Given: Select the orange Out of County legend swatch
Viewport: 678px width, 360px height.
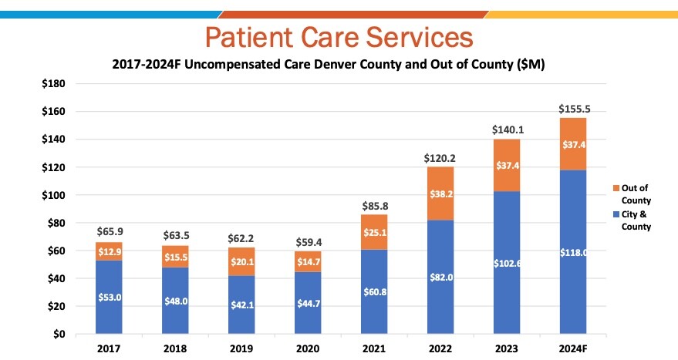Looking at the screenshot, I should (615, 188).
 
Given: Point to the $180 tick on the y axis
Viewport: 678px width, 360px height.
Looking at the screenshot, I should (53, 84).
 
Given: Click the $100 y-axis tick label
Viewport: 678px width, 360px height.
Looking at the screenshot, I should (53, 195).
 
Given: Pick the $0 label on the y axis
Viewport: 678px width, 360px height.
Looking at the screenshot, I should (59, 335).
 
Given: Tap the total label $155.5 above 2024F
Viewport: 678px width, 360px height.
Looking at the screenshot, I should (573, 109).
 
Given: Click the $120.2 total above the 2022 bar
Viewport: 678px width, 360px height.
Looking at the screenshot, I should (440, 158).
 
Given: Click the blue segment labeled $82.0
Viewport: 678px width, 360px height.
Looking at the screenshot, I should (441, 278).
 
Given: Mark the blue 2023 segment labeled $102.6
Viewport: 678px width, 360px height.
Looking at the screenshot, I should (507, 263).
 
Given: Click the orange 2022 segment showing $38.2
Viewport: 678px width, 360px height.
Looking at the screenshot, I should (441, 193).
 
